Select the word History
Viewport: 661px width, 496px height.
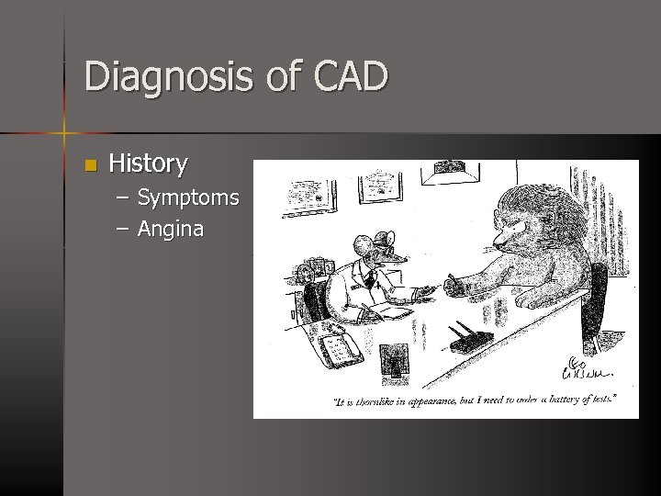(148, 164)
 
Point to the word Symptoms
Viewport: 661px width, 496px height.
(188, 197)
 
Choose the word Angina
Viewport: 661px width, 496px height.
(171, 230)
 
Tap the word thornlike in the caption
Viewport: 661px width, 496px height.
(387, 400)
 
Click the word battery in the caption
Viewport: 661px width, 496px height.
(559, 399)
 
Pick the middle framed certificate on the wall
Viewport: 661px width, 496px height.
(378, 186)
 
